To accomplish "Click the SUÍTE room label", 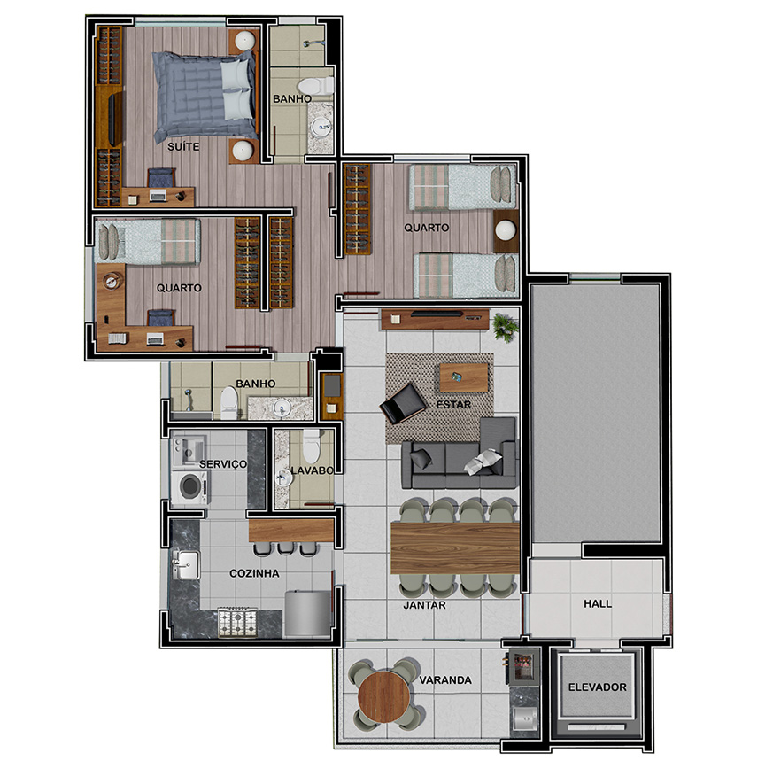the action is (x=183, y=146).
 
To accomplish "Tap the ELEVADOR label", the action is (x=597, y=687).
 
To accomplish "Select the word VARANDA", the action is (x=445, y=680).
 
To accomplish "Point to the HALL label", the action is (x=598, y=603).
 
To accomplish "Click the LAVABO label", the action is (x=312, y=470).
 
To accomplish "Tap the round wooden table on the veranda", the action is (x=383, y=696).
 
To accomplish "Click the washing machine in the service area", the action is (x=190, y=486).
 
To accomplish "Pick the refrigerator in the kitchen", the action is (x=307, y=613).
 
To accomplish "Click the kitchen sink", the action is (x=185, y=564).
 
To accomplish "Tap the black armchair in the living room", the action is (x=403, y=403).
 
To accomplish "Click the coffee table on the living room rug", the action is (x=463, y=377).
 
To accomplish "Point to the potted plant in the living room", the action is (x=505, y=327).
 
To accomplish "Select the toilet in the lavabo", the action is (x=311, y=446).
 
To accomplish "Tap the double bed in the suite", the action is (x=205, y=95).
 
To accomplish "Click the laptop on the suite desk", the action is (x=158, y=195).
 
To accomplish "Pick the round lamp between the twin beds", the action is (x=506, y=229).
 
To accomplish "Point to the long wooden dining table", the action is (x=455, y=547).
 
